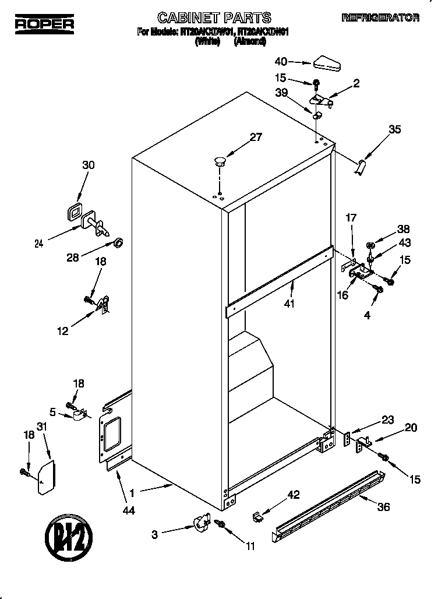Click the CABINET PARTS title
click(215, 17)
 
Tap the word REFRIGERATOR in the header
click(380, 19)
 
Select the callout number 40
click(281, 61)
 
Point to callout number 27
click(255, 138)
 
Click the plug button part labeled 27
click(220, 161)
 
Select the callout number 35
click(394, 130)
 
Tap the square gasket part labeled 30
click(74, 213)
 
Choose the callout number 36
click(383, 507)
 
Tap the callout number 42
click(293, 495)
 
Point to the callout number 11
click(250, 546)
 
